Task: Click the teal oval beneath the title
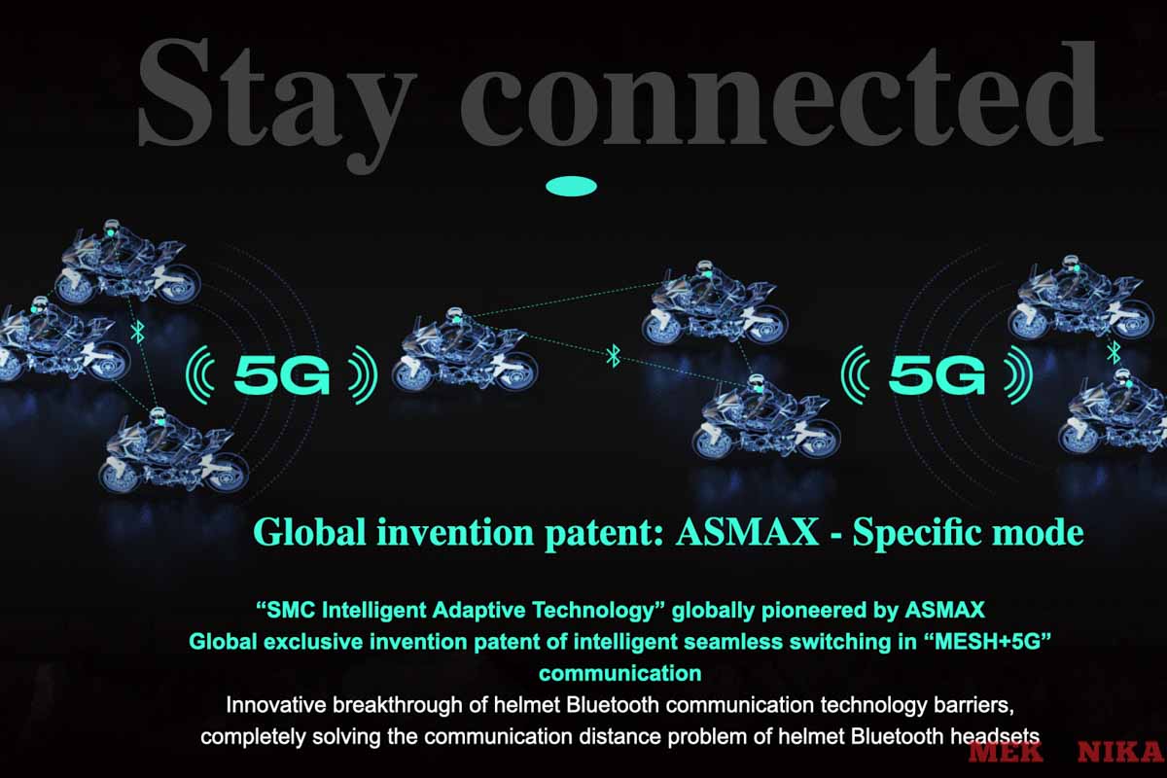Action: (x=572, y=186)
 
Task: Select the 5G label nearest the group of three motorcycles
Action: (x=282, y=374)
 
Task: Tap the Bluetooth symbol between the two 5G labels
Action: (x=613, y=356)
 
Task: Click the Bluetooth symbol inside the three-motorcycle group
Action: (x=138, y=334)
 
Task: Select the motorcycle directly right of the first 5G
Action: (x=465, y=350)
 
